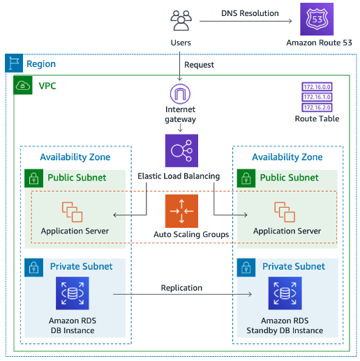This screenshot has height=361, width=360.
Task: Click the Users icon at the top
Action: pyautogui.click(x=181, y=21)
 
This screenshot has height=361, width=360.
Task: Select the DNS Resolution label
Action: pyautogui.click(x=250, y=13)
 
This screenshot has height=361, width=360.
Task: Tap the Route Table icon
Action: pyautogui.click(x=317, y=98)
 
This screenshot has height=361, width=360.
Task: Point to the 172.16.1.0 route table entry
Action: pyautogui.click(x=317, y=98)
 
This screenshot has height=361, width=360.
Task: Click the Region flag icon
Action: pyautogui.click(x=13, y=64)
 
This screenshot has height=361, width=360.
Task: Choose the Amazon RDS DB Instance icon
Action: pyautogui.click(x=73, y=293)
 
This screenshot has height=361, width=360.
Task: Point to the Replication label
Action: pyautogui.click(x=181, y=287)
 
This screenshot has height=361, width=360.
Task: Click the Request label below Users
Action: pyautogui.click(x=199, y=65)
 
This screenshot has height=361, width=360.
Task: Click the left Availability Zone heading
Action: pyautogui.click(x=75, y=157)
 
